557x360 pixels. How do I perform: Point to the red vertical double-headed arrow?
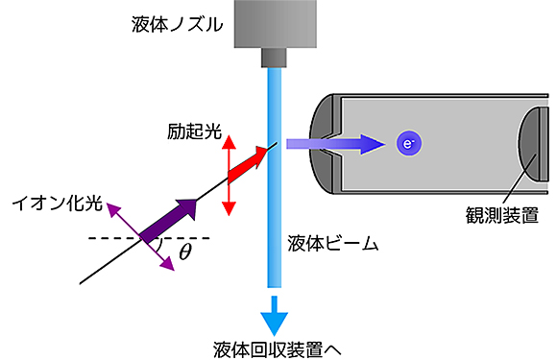click(228, 177)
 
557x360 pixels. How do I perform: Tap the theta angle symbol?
click(186, 253)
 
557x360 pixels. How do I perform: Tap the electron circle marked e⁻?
click(409, 145)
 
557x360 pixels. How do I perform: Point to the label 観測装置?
click(499, 212)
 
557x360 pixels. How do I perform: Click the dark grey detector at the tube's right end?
click(529, 143)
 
